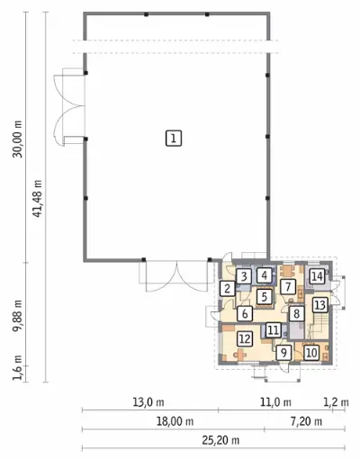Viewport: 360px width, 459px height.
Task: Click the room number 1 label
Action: point(174,139)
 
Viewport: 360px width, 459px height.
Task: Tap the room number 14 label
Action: point(317,276)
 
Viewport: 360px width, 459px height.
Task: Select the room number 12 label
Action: point(245,338)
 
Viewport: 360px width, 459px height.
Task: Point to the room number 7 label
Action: point(288,287)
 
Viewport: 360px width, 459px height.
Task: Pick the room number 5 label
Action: point(265,297)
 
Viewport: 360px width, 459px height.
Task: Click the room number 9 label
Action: point(283,353)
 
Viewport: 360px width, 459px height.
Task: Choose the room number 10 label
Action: point(311,353)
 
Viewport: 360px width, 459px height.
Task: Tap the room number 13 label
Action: point(320,305)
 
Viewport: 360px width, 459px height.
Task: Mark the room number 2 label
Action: point(228,289)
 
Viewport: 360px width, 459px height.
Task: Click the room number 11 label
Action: point(273,330)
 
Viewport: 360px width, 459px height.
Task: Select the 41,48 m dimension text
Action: point(37,199)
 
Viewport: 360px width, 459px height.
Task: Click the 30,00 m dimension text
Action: point(17,139)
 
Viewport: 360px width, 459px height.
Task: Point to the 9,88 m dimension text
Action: point(17,316)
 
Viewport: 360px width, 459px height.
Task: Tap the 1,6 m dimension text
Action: point(17,367)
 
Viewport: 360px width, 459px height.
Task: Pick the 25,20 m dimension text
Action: point(220,440)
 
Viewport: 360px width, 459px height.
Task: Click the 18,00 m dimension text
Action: point(175,421)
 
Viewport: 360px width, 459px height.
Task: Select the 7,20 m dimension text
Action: point(306,421)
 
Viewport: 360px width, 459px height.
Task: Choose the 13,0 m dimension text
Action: point(148,402)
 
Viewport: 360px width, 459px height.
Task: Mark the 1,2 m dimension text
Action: point(336,402)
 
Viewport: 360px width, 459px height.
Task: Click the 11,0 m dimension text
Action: point(275,402)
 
